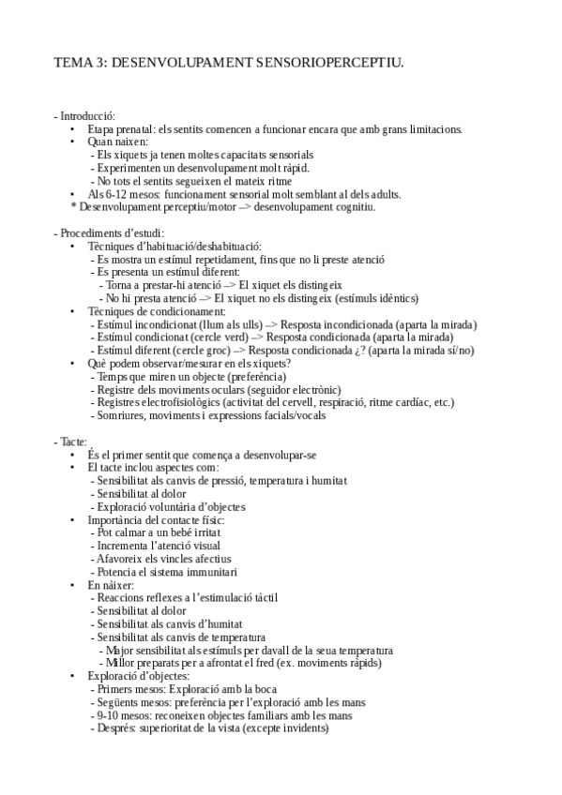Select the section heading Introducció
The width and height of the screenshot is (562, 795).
[86, 115]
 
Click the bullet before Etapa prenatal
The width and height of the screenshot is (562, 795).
[73, 128]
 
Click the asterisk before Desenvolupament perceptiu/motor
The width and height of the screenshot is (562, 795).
[73, 207]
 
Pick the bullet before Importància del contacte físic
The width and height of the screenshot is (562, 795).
[73, 519]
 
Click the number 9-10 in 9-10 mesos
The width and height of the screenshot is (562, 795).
[108, 714]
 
